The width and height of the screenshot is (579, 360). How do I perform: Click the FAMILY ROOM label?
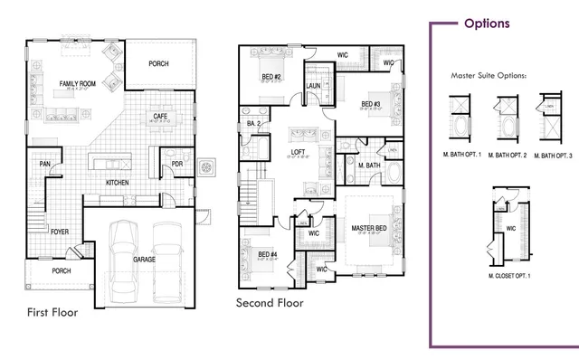[x=78, y=84]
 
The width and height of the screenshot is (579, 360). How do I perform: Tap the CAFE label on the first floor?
[x=158, y=116]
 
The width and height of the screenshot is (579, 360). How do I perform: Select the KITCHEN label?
[x=118, y=183]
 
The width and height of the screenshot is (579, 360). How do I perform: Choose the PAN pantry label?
[x=44, y=164]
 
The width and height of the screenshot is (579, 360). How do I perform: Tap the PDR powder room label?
[x=177, y=164]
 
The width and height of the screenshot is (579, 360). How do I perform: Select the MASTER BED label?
[x=369, y=228]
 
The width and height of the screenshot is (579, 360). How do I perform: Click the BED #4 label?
[x=267, y=254]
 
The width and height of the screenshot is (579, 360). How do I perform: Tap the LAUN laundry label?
[x=314, y=86]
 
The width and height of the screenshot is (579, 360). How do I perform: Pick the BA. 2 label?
[x=253, y=123]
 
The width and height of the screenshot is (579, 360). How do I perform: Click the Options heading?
[x=486, y=24]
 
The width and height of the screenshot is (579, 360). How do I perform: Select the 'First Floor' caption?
[x=52, y=313]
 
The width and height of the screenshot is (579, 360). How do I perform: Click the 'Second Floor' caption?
[x=270, y=303]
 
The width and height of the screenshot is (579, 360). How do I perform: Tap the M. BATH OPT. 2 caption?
[x=506, y=156]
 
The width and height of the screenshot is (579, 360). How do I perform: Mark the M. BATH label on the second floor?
[x=367, y=166]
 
